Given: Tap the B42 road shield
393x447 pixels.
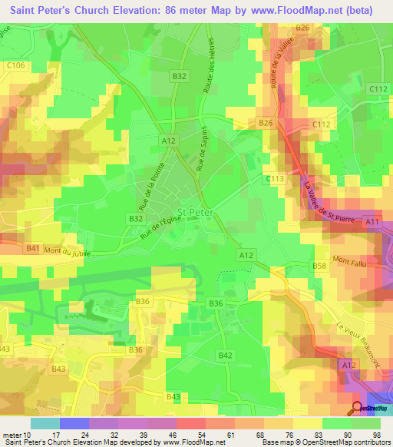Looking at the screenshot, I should point(225,355).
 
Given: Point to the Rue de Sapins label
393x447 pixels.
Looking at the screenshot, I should point(202,149).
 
